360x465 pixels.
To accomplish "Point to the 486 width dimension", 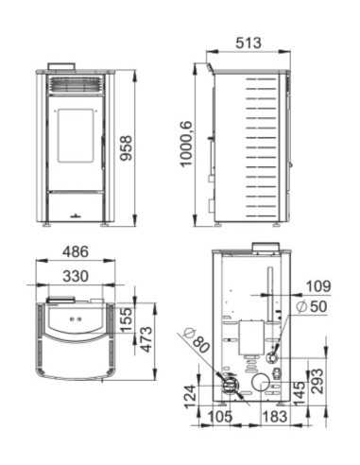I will point(76,253).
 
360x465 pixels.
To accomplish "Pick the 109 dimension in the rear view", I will point(319,285).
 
